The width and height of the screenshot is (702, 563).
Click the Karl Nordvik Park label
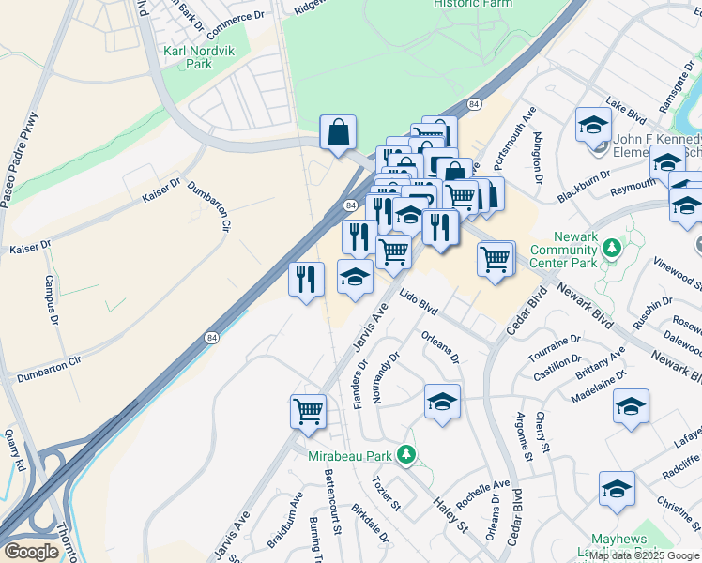(200, 57)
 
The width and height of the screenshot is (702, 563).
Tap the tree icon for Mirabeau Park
(405, 455)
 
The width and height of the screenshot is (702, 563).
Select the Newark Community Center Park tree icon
(613, 248)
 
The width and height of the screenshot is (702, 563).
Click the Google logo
(31, 551)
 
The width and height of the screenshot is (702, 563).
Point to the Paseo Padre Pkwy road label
(20, 160)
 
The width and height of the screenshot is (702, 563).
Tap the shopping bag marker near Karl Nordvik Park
(338, 133)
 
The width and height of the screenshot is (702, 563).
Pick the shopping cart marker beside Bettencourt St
(309, 411)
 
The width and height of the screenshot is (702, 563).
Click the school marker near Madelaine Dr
(632, 406)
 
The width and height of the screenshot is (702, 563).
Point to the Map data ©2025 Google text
(644, 555)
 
